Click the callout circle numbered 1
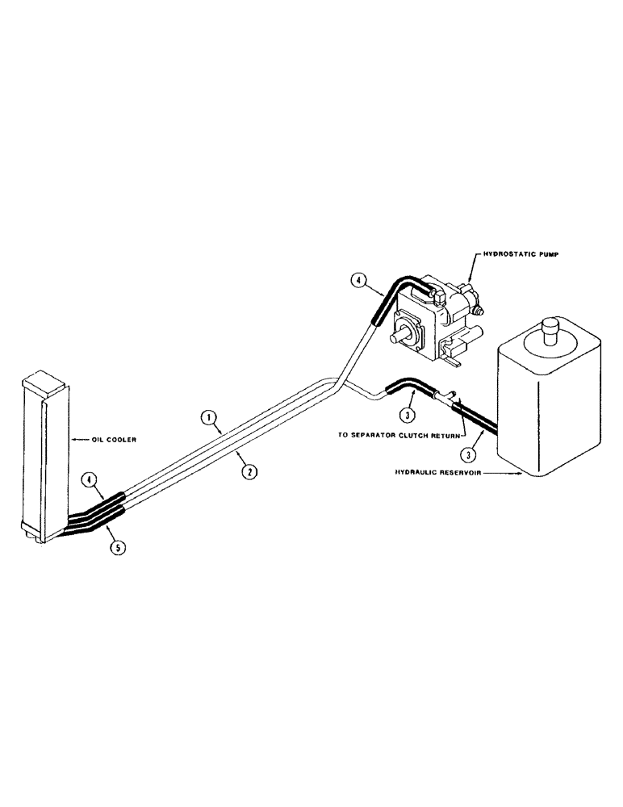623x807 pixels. tap(208, 417)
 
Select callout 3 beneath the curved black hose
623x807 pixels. tap(409, 417)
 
